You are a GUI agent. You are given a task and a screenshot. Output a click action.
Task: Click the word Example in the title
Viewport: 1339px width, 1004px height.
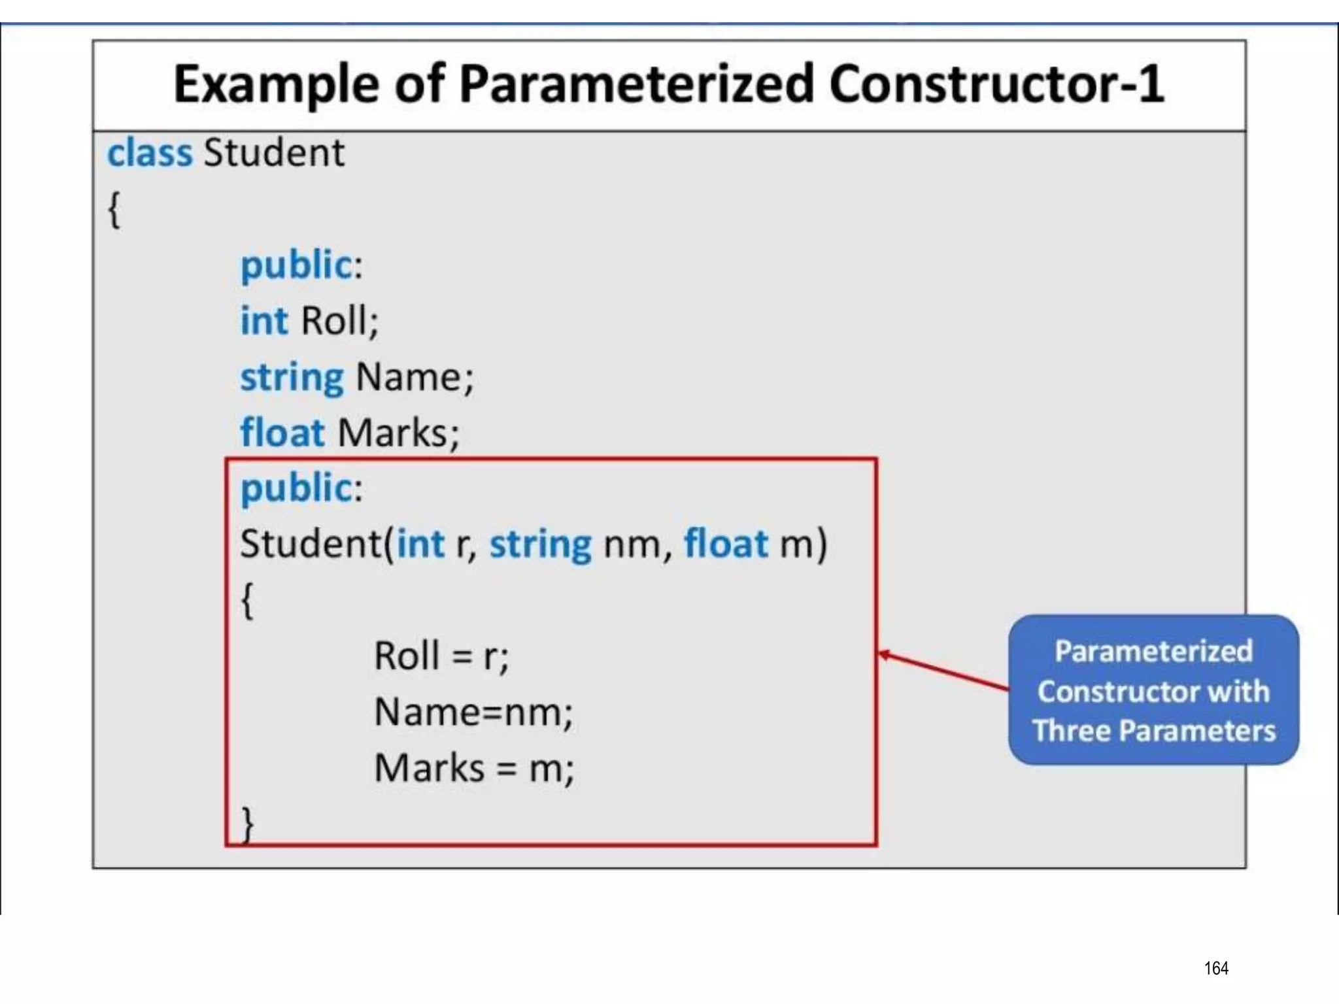point(275,85)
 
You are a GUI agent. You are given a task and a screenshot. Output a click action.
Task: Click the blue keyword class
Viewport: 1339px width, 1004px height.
point(150,153)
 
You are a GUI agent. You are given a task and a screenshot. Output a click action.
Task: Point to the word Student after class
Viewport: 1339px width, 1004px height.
point(274,153)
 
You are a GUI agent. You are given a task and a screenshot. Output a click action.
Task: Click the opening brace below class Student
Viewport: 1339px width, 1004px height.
point(114,210)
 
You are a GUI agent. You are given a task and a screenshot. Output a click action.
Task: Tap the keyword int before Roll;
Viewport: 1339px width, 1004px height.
point(264,321)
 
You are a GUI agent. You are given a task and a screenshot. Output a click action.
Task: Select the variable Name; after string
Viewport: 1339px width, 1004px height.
point(415,377)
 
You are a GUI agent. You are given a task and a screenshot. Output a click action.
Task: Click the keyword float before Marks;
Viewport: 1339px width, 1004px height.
point(282,433)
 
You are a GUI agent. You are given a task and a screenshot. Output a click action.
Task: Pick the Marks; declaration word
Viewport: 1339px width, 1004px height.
point(399,433)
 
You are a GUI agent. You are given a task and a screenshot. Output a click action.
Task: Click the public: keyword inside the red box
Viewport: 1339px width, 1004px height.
point(301,488)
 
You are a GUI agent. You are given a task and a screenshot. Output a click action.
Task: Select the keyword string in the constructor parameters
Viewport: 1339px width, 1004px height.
point(541,544)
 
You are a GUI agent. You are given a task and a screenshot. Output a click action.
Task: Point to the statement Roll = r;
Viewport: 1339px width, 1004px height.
point(441,656)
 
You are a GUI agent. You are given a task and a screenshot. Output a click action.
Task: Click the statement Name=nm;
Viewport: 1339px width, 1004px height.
point(473,712)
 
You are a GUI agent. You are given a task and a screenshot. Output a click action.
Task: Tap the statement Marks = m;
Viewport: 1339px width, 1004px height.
point(474,768)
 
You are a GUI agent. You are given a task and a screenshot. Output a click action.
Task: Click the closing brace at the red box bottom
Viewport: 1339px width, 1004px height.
point(247,825)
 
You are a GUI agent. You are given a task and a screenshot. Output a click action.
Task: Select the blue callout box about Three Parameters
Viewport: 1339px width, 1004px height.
point(1153,690)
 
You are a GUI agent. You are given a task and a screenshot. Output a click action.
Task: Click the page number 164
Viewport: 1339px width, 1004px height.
point(1216,968)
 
